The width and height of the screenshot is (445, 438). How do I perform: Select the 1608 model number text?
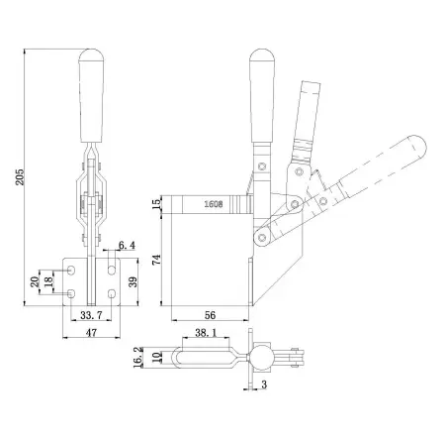click(213, 204)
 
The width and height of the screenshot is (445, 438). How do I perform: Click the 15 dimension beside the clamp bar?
click(155, 204)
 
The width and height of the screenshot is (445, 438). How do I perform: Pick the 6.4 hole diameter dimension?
click(127, 246)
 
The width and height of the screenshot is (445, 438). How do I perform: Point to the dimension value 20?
click(34, 281)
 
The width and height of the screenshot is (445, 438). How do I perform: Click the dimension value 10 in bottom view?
click(156, 355)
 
